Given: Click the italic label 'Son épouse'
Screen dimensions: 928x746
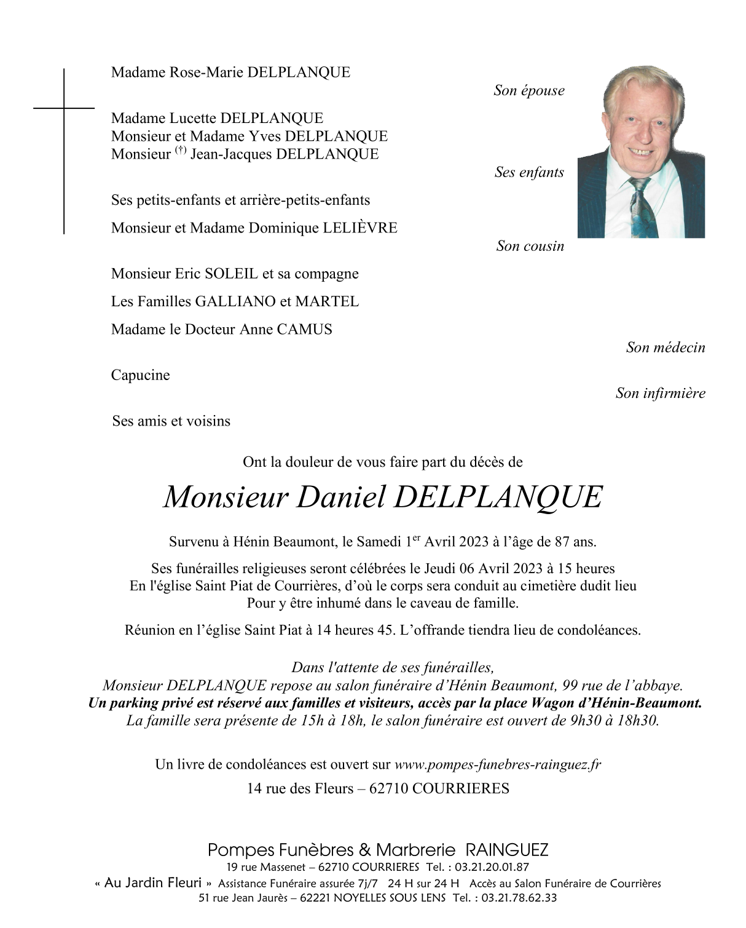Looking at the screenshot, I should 528,90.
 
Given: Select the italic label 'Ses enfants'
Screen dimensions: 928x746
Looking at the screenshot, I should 529,172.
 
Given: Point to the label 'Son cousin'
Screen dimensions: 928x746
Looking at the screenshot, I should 530,246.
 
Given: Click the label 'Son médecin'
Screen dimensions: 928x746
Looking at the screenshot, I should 666,347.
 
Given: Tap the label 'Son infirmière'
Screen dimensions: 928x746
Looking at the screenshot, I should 661,393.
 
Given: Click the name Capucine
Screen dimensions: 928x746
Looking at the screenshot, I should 140,375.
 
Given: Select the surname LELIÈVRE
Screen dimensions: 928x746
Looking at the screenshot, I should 360,228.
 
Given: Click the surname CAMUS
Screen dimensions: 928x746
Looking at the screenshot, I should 304,329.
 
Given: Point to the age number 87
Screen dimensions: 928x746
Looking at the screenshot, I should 562,542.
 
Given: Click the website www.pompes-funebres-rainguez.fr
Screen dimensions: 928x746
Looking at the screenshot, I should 497,764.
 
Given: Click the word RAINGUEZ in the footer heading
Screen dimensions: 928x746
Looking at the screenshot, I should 507,850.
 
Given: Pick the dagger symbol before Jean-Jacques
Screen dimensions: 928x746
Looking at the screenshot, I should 180,150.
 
